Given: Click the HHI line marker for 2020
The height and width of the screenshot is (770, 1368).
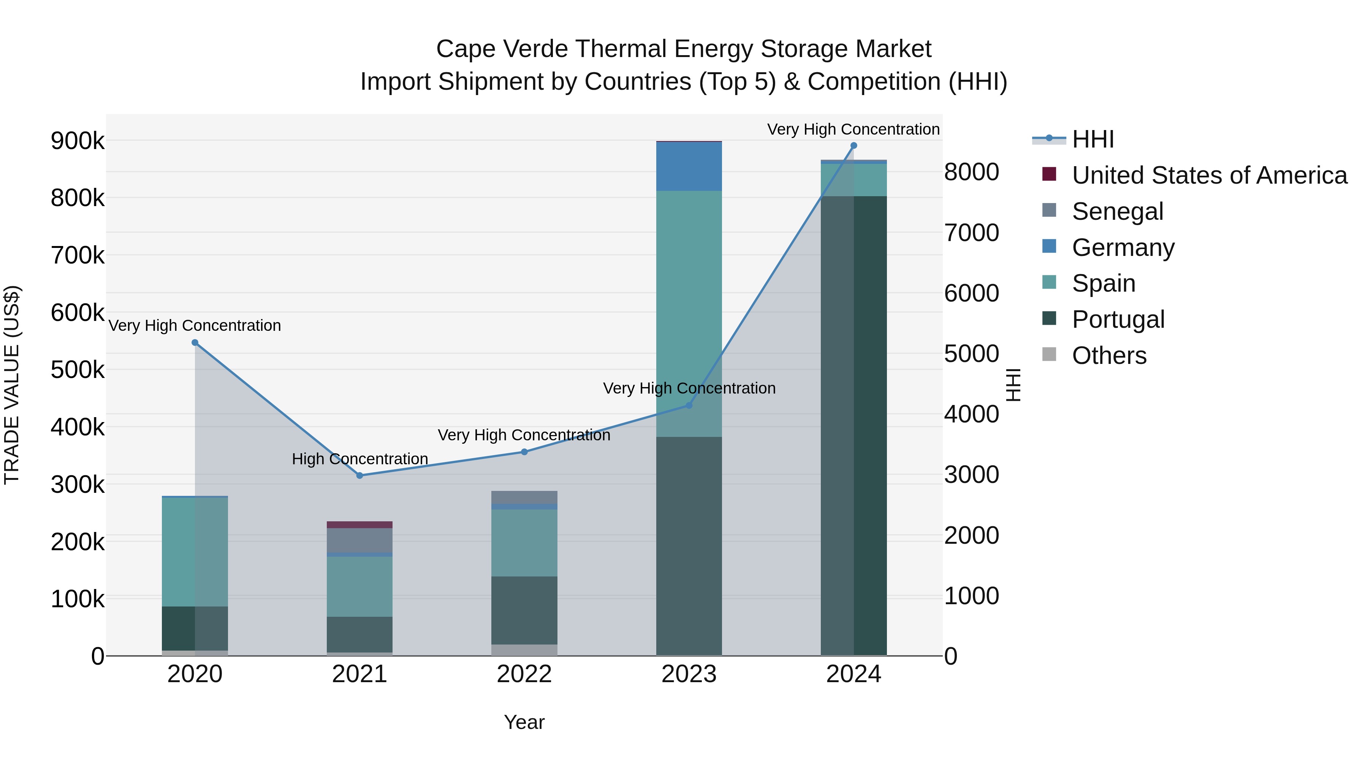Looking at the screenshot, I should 195,343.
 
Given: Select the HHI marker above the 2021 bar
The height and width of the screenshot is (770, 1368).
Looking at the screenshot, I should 359,476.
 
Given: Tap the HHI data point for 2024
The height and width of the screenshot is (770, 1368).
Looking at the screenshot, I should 853,146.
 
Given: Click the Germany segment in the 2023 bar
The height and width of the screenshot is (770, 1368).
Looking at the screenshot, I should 689,166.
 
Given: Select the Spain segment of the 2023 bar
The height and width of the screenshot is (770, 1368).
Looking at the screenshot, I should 689,314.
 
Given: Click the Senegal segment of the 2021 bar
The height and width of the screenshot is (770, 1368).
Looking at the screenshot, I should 359,540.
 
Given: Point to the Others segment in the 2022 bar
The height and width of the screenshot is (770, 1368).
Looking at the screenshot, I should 524,650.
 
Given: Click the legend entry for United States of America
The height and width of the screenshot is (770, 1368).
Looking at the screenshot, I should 1209,175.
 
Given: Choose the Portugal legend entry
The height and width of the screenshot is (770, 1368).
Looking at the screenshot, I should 1118,319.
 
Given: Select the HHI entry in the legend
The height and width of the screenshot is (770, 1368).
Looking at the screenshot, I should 1092,139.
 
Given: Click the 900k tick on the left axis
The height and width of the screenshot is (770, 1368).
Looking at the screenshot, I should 78,141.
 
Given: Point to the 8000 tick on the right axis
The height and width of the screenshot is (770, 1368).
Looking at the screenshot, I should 971,172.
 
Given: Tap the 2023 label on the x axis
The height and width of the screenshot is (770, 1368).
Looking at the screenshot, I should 689,674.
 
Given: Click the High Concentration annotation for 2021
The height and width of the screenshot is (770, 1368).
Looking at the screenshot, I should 359,459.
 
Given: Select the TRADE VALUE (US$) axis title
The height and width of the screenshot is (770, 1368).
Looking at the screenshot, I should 12,385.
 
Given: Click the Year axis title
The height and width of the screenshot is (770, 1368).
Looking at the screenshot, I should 524,722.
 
